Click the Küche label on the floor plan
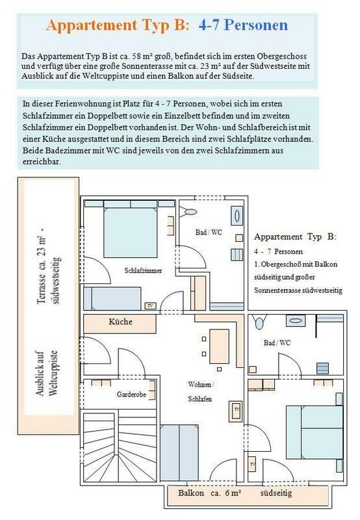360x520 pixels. coord(120,322)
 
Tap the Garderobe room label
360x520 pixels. coord(131,395)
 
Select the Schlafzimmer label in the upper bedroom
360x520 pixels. coord(143,270)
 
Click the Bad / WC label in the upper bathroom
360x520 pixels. coord(209,232)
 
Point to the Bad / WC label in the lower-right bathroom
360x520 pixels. coord(277,343)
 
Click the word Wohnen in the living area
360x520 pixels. coord(199,384)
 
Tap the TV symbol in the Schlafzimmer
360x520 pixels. coord(151,305)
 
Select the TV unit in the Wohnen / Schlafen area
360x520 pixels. coord(237,411)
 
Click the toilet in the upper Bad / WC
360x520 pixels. coord(188,211)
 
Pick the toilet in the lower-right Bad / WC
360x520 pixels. coord(259,321)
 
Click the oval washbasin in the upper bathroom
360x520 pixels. coord(237,216)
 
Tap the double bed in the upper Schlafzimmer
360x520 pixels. coord(130,232)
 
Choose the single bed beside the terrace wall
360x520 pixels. coord(112,298)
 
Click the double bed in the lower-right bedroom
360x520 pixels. coord(315,432)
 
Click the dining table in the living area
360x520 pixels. coord(219,346)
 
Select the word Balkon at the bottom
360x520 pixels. coord(191,493)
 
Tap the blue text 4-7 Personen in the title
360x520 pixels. coord(243,25)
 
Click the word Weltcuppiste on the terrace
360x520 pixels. coord(53,373)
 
